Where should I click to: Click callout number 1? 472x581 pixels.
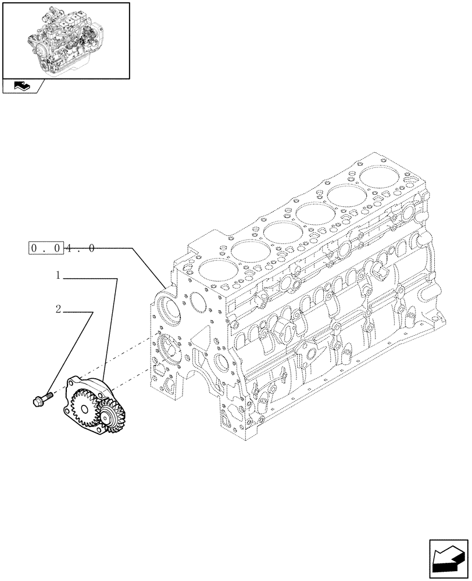pyautogui.click(x=59, y=276)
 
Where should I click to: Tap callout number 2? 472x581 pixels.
pyautogui.click(x=59, y=309)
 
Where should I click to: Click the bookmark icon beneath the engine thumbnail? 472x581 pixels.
pyautogui.click(x=22, y=87)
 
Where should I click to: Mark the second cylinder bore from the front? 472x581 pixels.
pyautogui.click(x=249, y=249)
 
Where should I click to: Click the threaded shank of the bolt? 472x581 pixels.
pyautogui.click(x=49, y=396)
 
